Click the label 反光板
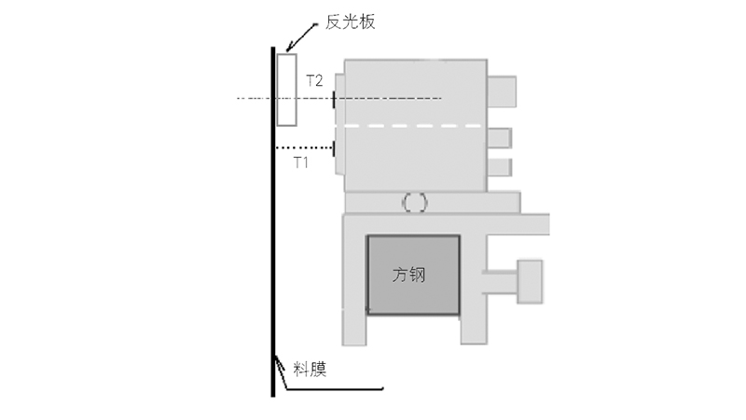(x=351, y=21)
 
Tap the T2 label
(x=314, y=80)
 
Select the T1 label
(x=300, y=162)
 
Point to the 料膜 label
(x=310, y=370)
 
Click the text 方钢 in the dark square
(x=408, y=274)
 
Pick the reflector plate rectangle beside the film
(x=287, y=90)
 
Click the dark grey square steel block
(x=413, y=274)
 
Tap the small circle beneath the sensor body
(x=415, y=203)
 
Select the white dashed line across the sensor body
(x=413, y=126)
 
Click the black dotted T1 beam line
(x=305, y=148)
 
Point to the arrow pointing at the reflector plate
(x=301, y=37)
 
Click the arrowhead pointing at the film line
(x=275, y=360)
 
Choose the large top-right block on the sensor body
(x=502, y=91)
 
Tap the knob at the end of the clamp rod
(x=530, y=282)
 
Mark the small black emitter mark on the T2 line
(x=334, y=100)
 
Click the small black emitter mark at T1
(x=334, y=148)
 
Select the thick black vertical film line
(x=273, y=221)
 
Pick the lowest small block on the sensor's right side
(x=500, y=168)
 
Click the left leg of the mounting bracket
(x=354, y=280)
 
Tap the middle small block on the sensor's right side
(x=500, y=138)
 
